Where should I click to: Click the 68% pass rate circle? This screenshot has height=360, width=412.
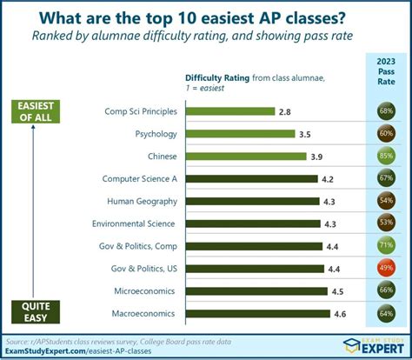pyautogui.click(x=385, y=111)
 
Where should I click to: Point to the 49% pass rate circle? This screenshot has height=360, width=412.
pyautogui.click(x=385, y=269)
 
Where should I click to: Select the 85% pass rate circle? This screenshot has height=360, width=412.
pyautogui.click(x=385, y=157)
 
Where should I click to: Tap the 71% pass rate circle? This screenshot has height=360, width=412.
pyautogui.click(x=385, y=246)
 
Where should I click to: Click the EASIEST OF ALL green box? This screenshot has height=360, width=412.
pyautogui.click(x=36, y=111)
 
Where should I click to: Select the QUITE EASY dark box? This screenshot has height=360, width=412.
pyautogui.click(x=36, y=311)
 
